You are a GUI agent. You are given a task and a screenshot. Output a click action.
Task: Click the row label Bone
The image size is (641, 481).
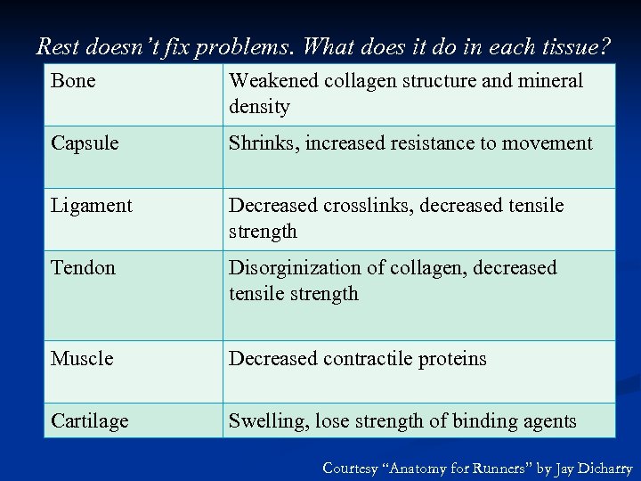pyautogui.click(x=73, y=81)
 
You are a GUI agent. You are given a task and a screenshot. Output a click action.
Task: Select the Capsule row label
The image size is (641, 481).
pyautogui.click(x=85, y=143)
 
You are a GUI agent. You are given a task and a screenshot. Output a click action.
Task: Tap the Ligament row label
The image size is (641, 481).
pyautogui.click(x=91, y=206)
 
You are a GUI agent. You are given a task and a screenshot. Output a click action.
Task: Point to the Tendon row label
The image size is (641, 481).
pyautogui.click(x=83, y=268)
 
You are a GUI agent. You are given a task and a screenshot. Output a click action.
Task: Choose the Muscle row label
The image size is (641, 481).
pyautogui.click(x=82, y=359)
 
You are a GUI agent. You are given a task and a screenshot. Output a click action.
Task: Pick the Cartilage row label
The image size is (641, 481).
pyautogui.click(x=89, y=421)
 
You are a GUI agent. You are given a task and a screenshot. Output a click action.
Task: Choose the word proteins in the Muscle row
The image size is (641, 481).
pyautogui.click(x=454, y=359)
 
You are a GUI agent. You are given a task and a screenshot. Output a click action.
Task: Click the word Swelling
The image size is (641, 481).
pyautogui.click(x=266, y=421)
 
